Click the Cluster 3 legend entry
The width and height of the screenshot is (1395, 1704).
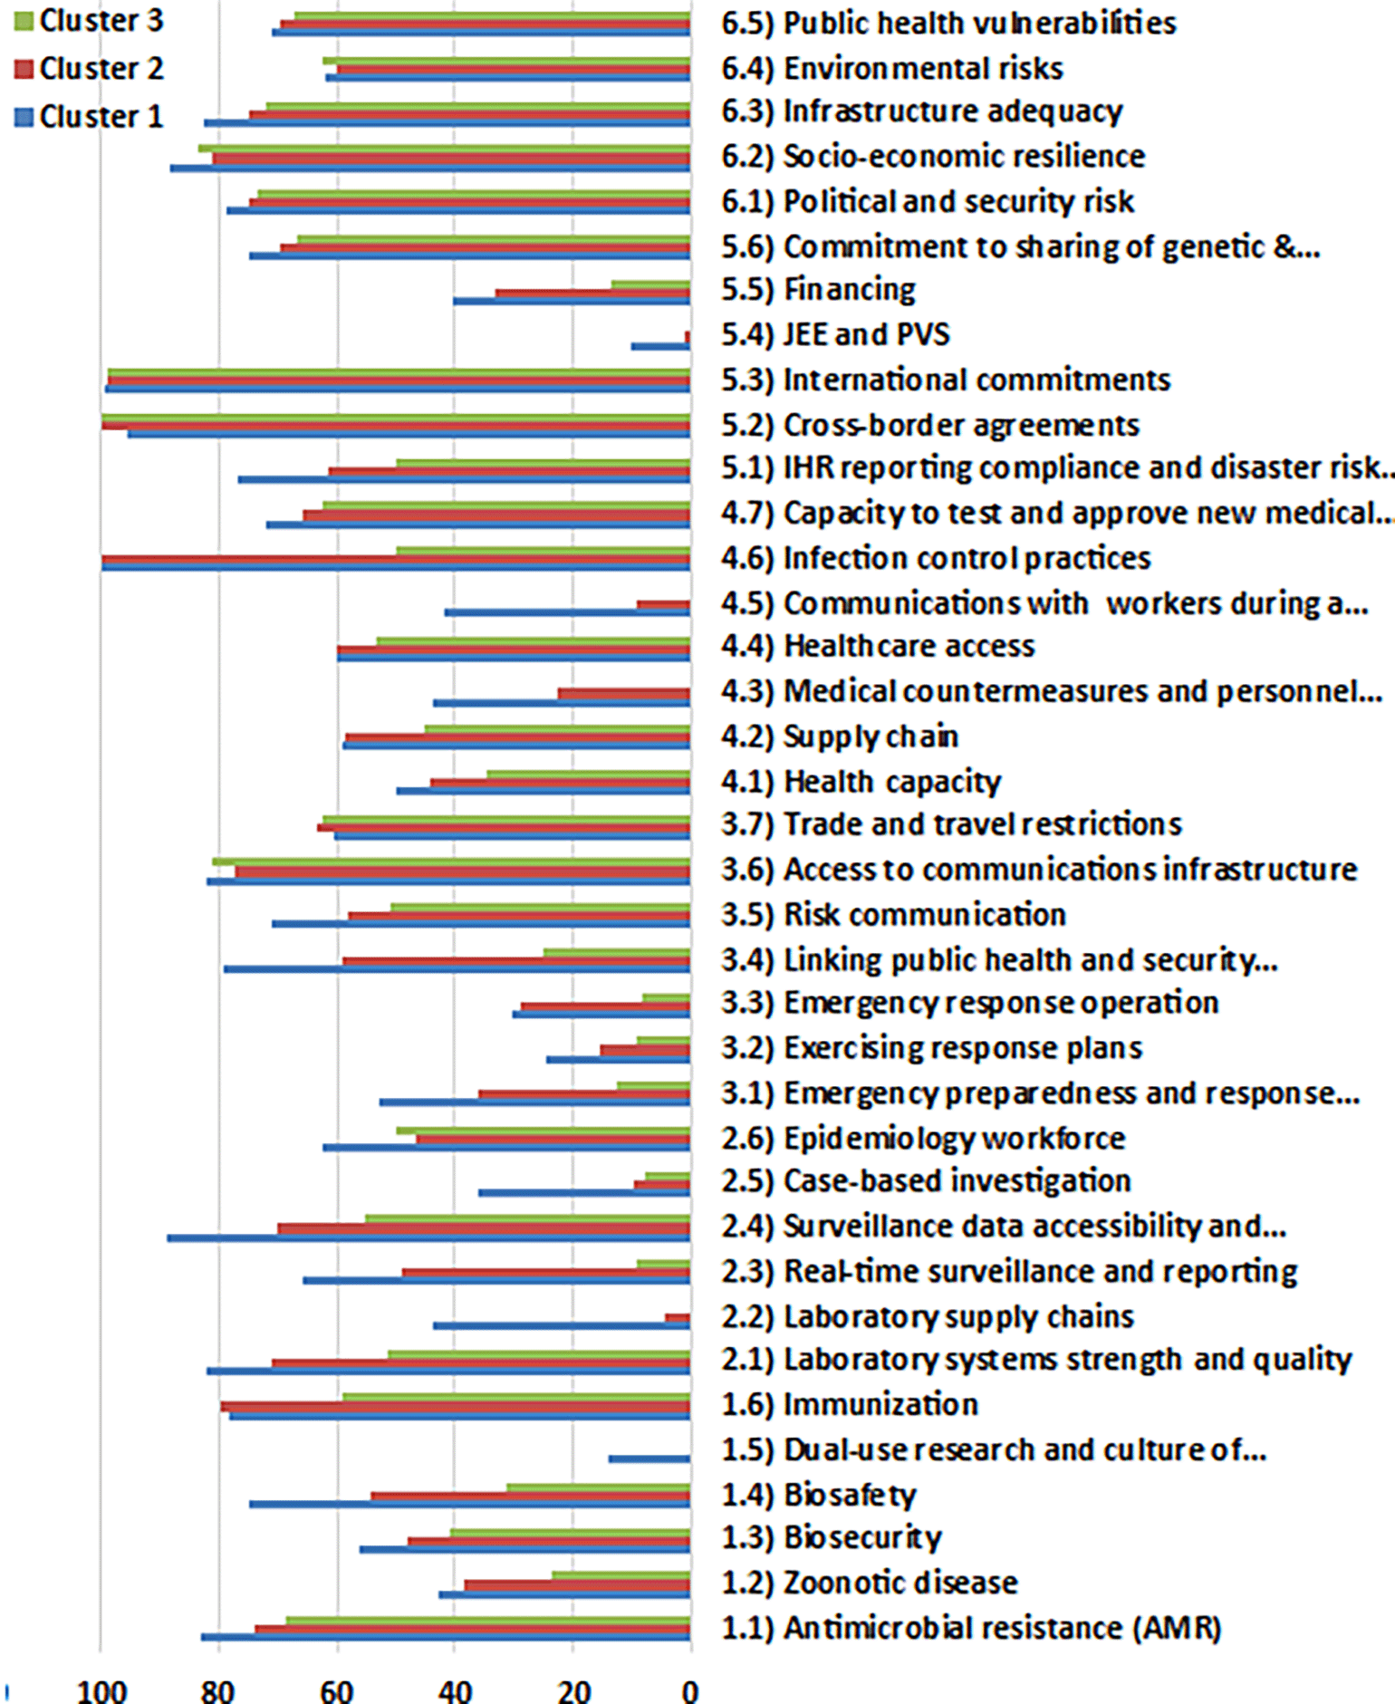pyautogui.click(x=89, y=20)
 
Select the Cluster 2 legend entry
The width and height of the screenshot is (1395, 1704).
pyautogui.click(x=89, y=68)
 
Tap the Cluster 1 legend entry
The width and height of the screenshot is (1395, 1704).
pyautogui.click(x=89, y=116)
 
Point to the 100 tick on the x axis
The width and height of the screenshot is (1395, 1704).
pyautogui.click(x=101, y=1690)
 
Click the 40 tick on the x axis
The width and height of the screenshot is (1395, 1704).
pyautogui.click(x=455, y=1690)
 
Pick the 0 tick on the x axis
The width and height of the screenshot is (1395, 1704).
pyautogui.click(x=689, y=1690)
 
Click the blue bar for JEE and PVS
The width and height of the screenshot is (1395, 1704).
pyautogui.click(x=660, y=346)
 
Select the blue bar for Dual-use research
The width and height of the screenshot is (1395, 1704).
pyautogui.click(x=649, y=1459)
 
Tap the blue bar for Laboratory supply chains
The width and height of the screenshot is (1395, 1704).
pyautogui.click(x=562, y=1325)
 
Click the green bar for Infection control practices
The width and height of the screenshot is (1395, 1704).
pyautogui.click(x=543, y=551)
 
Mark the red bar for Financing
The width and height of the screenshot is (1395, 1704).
pyautogui.click(x=592, y=293)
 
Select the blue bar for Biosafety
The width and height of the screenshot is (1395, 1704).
pyautogui.click(x=469, y=1504)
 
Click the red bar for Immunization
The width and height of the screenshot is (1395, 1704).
pyautogui.click(x=455, y=1406)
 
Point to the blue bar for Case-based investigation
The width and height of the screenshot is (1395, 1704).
pyautogui.click(x=584, y=1192)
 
